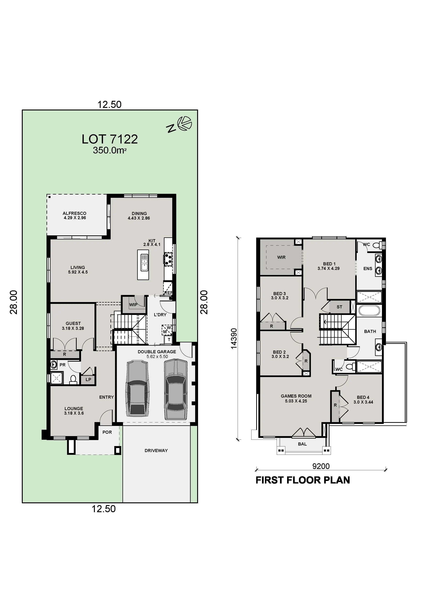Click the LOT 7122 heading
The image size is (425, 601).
[x=110, y=139]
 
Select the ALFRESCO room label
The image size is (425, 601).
[x=75, y=213]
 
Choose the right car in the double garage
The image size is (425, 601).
[x=176, y=390]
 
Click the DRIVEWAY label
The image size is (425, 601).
[x=156, y=450]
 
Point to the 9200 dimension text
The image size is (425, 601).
[x=321, y=466]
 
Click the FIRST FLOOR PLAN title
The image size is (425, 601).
[x=303, y=480]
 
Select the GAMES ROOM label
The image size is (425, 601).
[x=296, y=396]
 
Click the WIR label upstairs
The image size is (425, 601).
[x=281, y=257]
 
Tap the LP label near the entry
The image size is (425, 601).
[x=88, y=379]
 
